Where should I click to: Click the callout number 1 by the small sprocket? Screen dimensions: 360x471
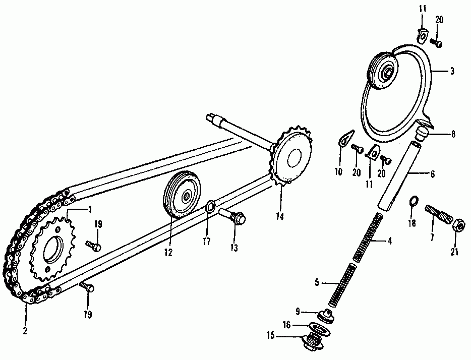90,209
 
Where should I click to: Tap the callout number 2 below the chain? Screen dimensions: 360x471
25,331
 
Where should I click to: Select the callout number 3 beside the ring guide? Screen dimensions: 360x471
452,72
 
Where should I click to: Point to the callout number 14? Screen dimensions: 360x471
280,217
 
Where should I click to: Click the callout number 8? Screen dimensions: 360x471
452,135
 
